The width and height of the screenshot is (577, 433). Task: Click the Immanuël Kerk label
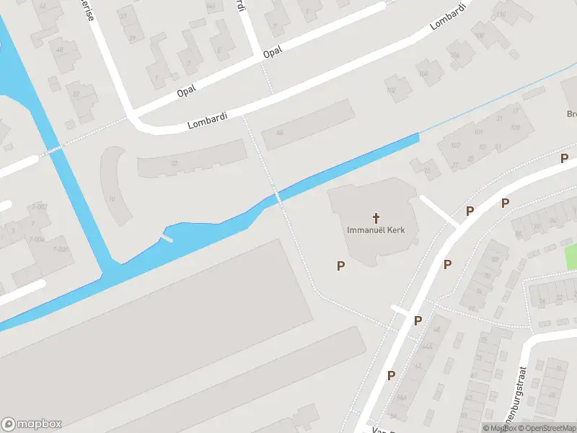coord(376,230)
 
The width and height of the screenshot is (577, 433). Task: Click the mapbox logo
coord(32,424)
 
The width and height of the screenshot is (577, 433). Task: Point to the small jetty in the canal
coord(167,237)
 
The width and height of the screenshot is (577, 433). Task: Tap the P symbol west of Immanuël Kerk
coord(340,266)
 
